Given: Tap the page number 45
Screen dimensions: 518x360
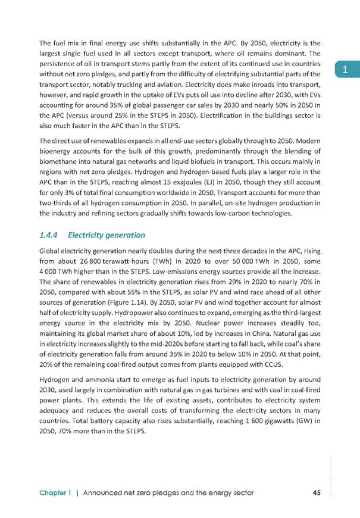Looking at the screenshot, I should pyautogui.click(x=317, y=492).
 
